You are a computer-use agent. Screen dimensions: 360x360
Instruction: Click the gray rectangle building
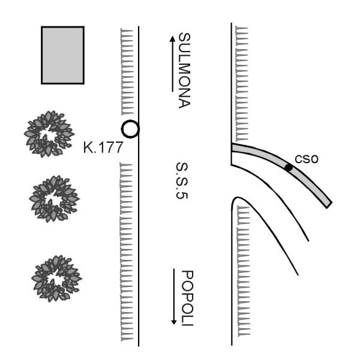(x=62, y=55)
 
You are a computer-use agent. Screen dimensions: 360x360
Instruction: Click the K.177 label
(x=103, y=147)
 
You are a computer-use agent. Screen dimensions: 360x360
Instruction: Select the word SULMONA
(x=184, y=70)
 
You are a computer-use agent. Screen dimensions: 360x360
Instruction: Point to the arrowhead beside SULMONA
(x=172, y=38)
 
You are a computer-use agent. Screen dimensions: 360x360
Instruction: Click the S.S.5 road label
(x=182, y=181)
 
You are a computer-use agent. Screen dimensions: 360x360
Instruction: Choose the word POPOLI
(x=187, y=298)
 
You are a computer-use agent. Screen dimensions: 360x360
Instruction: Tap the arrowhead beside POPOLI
(x=174, y=322)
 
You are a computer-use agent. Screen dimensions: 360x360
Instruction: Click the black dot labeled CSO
(x=289, y=168)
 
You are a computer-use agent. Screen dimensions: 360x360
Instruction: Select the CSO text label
(x=307, y=159)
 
